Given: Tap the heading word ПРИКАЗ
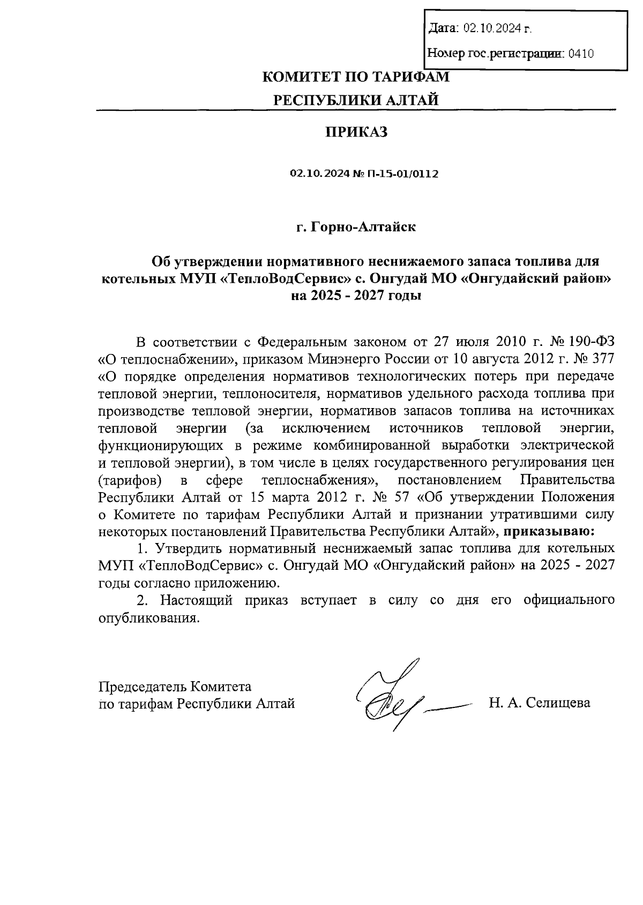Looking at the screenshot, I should pos(356,132).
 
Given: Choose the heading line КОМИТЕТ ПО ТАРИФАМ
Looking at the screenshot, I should pos(356,77).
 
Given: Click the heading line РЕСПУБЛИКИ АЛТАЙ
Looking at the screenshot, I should pos(356,100).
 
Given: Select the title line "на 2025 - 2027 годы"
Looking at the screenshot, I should pos(356,296).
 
